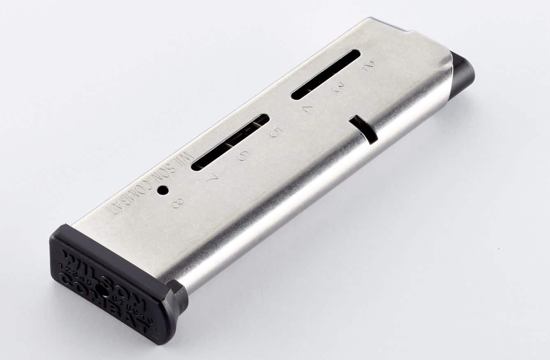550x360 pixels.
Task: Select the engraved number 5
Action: coord(276,132)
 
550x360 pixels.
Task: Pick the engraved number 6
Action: coord(243,155)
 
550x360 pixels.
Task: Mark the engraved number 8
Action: coord(178,202)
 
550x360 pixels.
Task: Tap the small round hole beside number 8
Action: coord(163,190)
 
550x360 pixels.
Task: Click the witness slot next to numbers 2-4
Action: coord(326,74)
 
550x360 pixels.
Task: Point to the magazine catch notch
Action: coord(364,129)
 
